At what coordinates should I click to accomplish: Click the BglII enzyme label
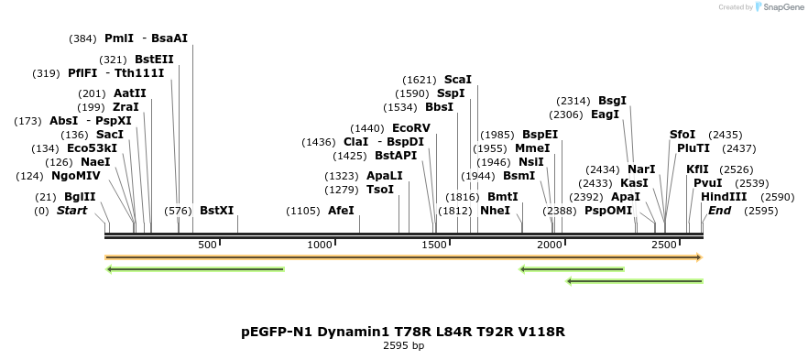[x=79, y=197]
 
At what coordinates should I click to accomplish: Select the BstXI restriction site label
[x=216, y=211]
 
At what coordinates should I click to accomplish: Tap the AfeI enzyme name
[x=341, y=211]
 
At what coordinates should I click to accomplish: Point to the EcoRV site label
[x=410, y=128]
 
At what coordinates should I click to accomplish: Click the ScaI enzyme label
[x=458, y=80]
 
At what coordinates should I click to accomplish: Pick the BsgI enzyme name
[x=613, y=101]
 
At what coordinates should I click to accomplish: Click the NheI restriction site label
[x=495, y=211]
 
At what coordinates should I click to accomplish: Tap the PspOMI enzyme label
[x=608, y=211]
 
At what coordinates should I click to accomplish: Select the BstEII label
[x=154, y=60]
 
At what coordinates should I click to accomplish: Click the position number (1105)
[x=303, y=211]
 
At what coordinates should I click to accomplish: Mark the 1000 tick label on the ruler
[x=320, y=245]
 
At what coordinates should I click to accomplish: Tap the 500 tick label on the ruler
[x=207, y=245]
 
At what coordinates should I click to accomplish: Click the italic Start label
[x=72, y=211]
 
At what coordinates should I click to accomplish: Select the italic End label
[x=720, y=211]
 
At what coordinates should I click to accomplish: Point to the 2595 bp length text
[x=403, y=346]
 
